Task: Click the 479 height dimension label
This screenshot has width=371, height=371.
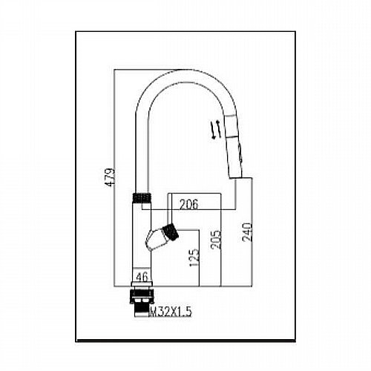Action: coord(110,177)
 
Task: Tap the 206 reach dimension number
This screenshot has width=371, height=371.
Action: coord(188,204)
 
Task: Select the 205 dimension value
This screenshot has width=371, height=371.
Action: coord(216,240)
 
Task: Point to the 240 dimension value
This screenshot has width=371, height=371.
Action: coord(247,232)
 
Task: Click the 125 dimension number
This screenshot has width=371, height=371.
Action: coord(194,257)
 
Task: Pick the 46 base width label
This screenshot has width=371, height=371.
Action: coord(142,277)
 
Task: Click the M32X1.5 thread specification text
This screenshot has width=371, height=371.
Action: coord(170,312)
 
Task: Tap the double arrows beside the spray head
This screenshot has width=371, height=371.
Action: coord(214,129)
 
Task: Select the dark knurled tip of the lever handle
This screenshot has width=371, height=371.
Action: coord(171,232)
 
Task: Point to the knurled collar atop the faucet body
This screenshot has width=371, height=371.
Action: coord(142,197)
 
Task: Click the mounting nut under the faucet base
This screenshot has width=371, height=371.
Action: coord(142,295)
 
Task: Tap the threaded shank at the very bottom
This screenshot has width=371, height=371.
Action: coord(142,310)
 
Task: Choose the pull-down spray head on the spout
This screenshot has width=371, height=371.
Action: coord(234,146)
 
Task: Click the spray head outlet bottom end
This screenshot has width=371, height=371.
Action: coord(237,177)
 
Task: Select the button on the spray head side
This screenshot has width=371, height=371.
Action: coord(240,153)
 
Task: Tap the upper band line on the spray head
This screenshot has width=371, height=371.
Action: coord(229,115)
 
